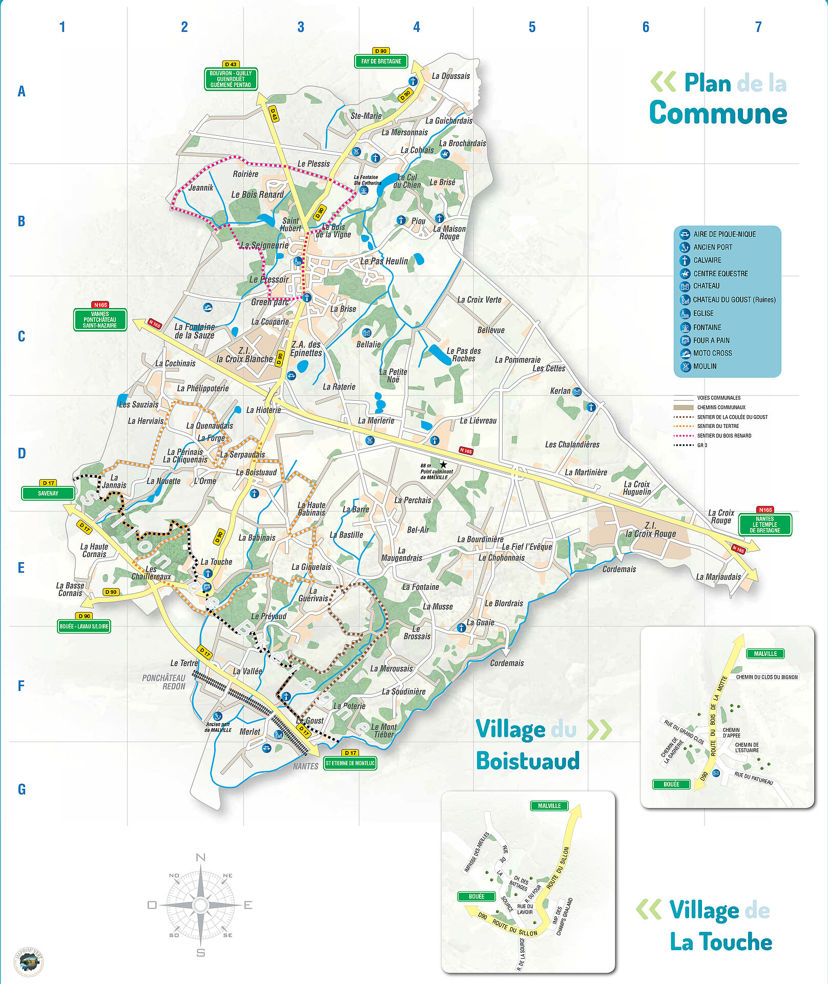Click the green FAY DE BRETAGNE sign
(381, 61)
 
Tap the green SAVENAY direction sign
(48, 494)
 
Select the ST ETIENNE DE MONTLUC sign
(350, 763)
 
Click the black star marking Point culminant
(443, 464)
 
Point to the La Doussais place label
(450, 76)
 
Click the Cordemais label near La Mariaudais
(619, 569)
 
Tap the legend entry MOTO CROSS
(712, 353)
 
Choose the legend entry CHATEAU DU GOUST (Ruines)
(734, 300)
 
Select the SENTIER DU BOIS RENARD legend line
(724, 436)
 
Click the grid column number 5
(532, 27)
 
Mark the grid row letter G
(22, 789)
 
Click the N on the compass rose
(201, 857)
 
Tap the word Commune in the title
(718, 113)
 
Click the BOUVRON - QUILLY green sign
(231, 79)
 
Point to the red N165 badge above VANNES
(100, 305)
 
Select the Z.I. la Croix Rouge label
(650, 529)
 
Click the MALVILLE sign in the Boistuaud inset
(765, 653)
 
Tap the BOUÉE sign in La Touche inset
(476, 896)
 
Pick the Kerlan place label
(560, 391)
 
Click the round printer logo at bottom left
(28, 961)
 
